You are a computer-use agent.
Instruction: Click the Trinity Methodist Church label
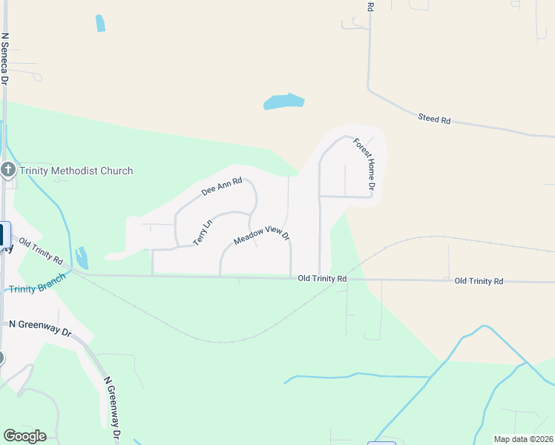(76, 171)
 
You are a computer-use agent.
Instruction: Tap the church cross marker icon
(8, 171)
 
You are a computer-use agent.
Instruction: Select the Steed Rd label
(434, 119)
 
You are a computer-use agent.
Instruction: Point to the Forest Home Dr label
(365, 162)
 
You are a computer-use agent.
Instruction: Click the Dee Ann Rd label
(222, 187)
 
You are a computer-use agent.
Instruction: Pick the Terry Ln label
(202, 233)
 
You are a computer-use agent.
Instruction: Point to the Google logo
(24, 436)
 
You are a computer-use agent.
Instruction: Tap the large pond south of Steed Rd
(283, 102)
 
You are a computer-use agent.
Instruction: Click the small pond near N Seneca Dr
(100, 23)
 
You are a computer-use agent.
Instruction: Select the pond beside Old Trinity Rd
(81, 257)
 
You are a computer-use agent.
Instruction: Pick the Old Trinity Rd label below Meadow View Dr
(322, 279)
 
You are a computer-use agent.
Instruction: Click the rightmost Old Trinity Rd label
(479, 281)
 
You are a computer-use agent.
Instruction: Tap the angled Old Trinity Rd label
(41, 251)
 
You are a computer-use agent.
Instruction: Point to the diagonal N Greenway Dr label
(113, 406)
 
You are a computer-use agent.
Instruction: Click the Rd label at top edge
(370, 6)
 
